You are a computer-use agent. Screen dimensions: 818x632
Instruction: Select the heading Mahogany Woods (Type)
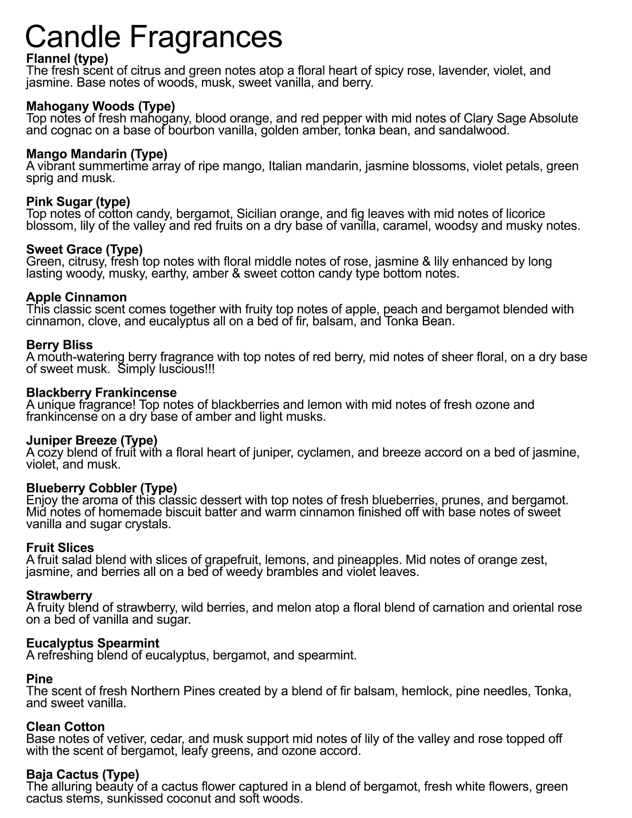[x=100, y=106]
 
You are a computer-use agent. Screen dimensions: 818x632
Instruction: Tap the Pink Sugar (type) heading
[x=78, y=201]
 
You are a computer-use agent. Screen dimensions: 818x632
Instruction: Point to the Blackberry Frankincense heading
[x=101, y=392]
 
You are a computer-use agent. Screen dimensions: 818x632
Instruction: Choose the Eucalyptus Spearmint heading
[x=93, y=643]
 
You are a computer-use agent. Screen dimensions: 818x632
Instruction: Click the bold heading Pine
[x=39, y=679]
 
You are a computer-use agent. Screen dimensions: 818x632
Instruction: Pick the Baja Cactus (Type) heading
[x=82, y=774]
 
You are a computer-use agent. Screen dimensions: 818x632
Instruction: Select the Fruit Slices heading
[x=60, y=548]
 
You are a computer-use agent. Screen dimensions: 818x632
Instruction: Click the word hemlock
[x=426, y=691]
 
